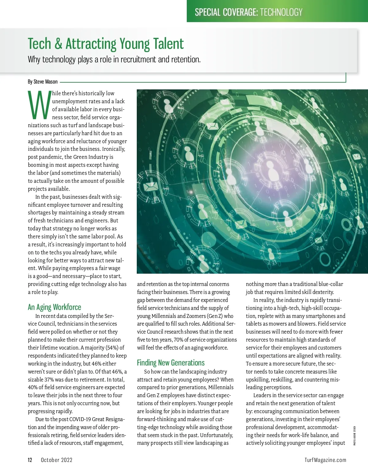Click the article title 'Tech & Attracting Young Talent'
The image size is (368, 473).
pos(106,44)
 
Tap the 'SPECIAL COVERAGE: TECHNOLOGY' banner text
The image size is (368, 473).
pos(248,12)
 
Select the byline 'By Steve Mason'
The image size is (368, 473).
pos(43,82)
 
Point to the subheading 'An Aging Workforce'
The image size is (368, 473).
pos(55,307)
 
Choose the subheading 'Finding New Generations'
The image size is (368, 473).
pos(171,363)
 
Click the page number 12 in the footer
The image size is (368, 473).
pos(30,460)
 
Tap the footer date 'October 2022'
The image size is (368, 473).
pos(57,460)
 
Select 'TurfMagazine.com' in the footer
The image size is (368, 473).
pos(325,460)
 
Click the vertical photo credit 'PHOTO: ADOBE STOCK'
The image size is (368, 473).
pos(355,436)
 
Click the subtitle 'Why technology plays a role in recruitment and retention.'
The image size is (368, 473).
pos(114,59)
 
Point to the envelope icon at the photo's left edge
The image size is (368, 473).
pos(150,186)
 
